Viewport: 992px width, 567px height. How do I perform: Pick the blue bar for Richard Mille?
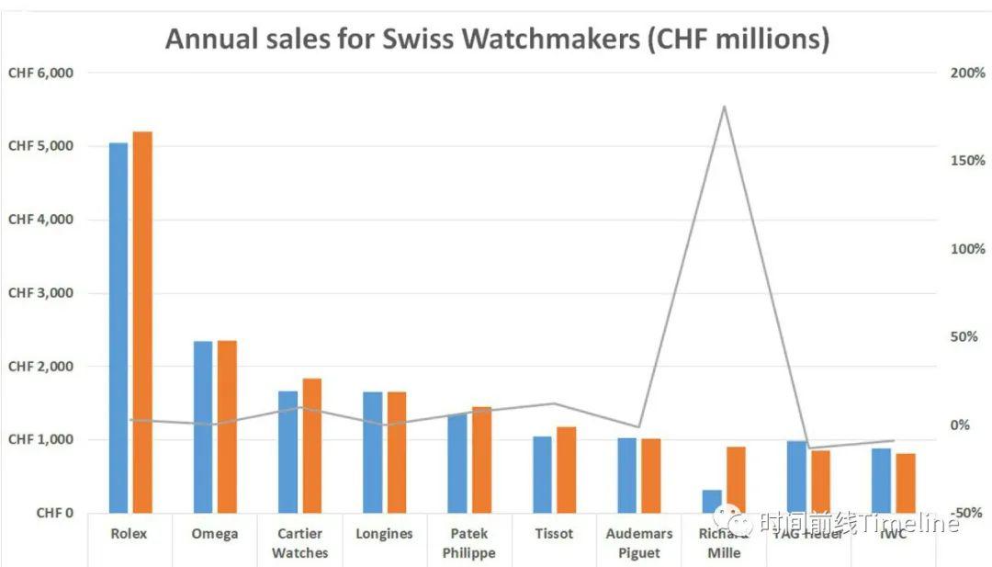click(x=712, y=501)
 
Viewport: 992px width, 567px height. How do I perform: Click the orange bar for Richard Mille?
click(x=736, y=480)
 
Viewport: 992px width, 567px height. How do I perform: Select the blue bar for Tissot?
click(x=543, y=474)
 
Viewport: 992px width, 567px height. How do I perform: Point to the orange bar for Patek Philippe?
click(x=481, y=459)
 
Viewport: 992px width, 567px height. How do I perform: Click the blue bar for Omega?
click(x=203, y=426)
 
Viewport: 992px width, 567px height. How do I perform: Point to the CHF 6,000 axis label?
click(x=40, y=73)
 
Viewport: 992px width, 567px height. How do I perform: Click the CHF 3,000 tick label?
click(x=40, y=293)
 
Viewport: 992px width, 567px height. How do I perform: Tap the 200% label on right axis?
click(x=969, y=73)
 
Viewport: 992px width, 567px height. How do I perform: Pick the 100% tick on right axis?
click(x=969, y=249)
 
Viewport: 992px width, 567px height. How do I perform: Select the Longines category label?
click(x=383, y=534)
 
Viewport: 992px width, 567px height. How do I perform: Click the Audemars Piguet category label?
click(x=639, y=543)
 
